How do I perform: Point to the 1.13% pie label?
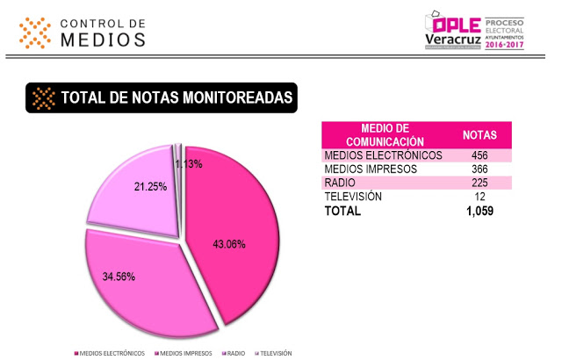pyautogui.click(x=189, y=163)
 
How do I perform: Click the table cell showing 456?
pyautogui.click(x=480, y=155)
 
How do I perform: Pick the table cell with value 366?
pyautogui.click(x=480, y=169)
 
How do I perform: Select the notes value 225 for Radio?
pyautogui.click(x=480, y=183)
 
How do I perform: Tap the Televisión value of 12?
pyautogui.click(x=480, y=197)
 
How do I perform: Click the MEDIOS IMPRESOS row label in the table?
pyautogui.click(x=368, y=169)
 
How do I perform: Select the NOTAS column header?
pyautogui.click(x=479, y=135)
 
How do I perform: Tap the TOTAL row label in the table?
pyautogui.click(x=342, y=212)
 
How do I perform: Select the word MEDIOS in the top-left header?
pyautogui.click(x=104, y=40)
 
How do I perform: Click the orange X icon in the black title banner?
pyautogui.click(x=42, y=98)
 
